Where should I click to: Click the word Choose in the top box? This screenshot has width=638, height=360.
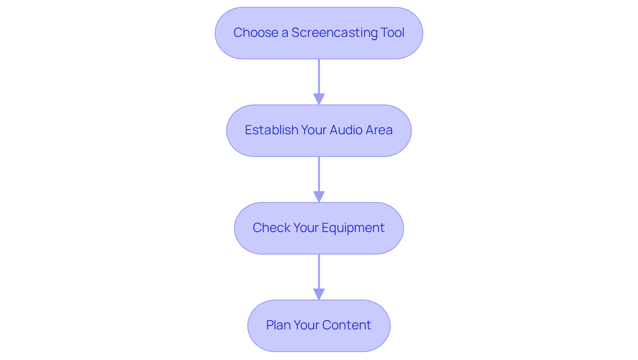coord(256,33)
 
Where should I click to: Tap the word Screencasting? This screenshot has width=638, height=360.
coord(334,33)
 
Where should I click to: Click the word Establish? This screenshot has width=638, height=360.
coord(271,130)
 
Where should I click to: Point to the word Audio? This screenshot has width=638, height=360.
coord(346,130)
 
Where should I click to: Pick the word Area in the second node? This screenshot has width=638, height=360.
coord(379,130)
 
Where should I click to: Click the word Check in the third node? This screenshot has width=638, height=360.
coord(271,228)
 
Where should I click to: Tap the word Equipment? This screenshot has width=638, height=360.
coord(353,228)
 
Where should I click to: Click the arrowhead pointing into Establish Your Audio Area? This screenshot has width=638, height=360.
coord(319,99)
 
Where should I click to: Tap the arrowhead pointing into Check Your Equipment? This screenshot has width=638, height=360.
coord(319,196)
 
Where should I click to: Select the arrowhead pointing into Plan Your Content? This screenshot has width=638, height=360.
coord(319,294)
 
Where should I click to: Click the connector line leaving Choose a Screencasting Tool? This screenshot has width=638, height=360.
coord(319,76)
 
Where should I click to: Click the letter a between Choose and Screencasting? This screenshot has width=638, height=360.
coord(285,33)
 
